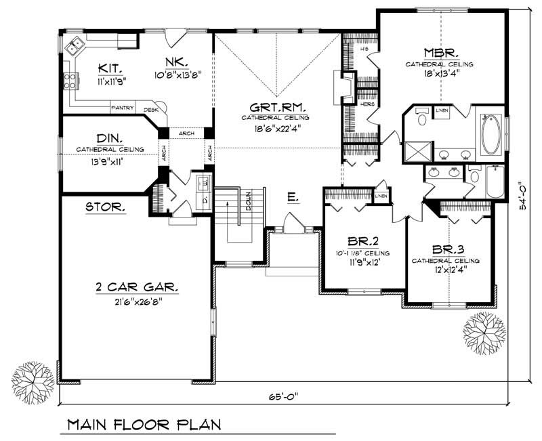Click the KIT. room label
coord(110,68)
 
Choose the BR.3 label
coord(445,249)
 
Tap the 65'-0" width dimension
coord(283,396)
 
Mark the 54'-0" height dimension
coord(521,196)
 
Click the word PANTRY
coord(124,108)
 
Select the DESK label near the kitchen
coord(150,109)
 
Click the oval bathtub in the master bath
coord(490,134)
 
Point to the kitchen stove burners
coord(69,82)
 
